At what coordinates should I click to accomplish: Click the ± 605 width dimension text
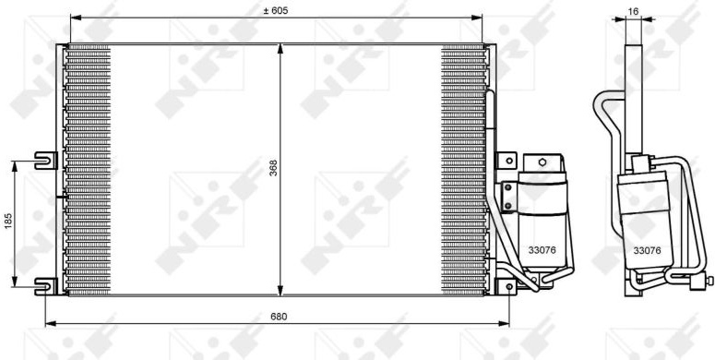[276, 10]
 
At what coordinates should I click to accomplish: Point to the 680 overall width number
[279, 317]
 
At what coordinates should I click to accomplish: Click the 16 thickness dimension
[633, 11]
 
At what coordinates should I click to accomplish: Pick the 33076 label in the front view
[542, 250]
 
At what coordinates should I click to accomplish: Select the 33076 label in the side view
[647, 250]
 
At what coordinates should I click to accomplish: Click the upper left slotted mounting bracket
[46, 160]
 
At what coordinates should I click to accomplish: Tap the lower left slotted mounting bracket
[46, 286]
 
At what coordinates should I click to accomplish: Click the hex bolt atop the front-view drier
[542, 162]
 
